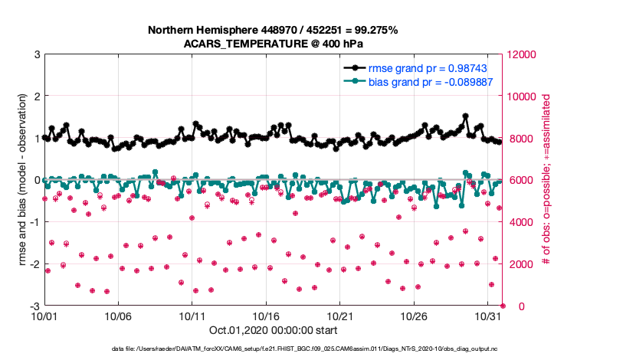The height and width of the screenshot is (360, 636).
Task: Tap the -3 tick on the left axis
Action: click(x=35, y=306)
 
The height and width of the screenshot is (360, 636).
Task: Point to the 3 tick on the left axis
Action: click(x=38, y=55)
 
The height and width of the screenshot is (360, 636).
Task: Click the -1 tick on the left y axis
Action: click(x=35, y=223)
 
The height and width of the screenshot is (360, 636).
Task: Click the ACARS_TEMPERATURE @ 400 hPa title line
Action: click(x=273, y=44)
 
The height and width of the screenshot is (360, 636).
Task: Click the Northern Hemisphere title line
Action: click(x=273, y=31)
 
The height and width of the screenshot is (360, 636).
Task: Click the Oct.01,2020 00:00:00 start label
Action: click(x=273, y=331)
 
